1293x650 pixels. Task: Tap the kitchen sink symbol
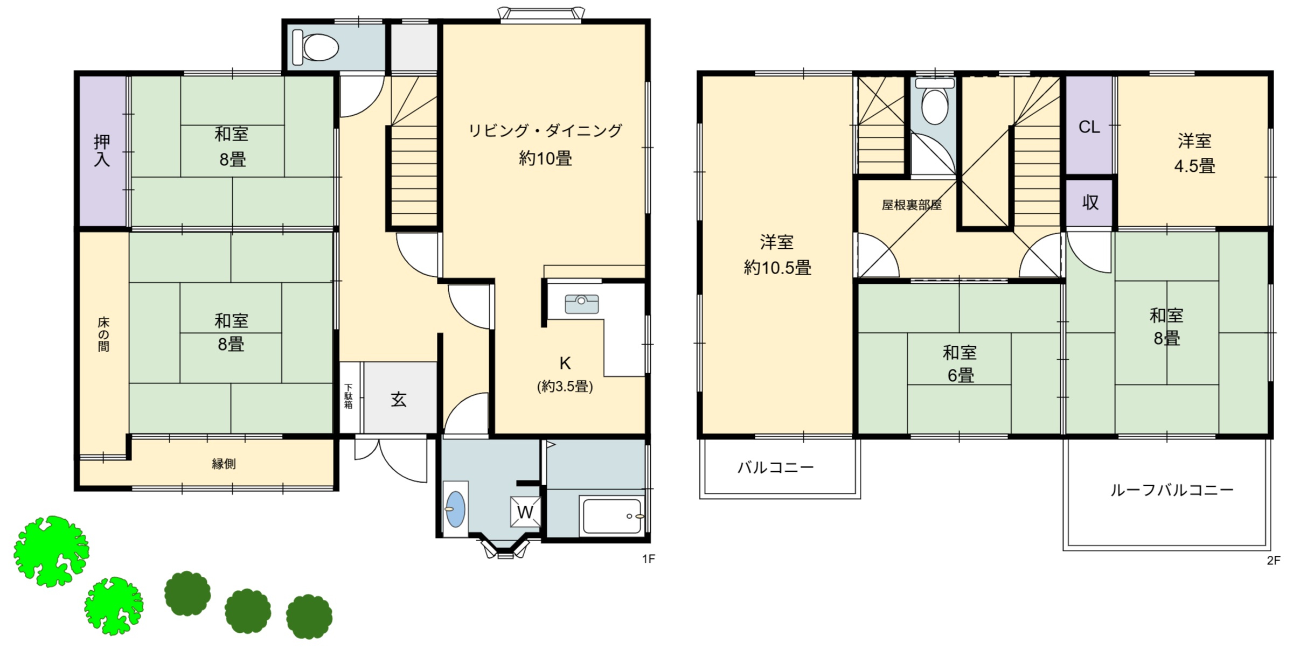pyautogui.click(x=581, y=304)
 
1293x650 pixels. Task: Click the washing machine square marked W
pyautogui.click(x=525, y=512)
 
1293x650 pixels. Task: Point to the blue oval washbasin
pyautogui.click(x=455, y=508)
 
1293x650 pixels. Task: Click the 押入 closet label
pyautogui.click(x=102, y=150)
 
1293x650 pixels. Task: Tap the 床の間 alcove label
pyautogui.click(x=103, y=334)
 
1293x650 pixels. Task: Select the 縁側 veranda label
pyautogui.click(x=224, y=464)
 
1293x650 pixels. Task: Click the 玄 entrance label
pyautogui.click(x=399, y=400)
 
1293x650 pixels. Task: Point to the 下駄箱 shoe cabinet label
pyautogui.click(x=349, y=396)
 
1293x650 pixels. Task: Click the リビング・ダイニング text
pyautogui.click(x=545, y=131)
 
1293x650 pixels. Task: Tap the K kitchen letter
pyautogui.click(x=565, y=364)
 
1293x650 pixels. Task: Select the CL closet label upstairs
pyautogui.click(x=1089, y=127)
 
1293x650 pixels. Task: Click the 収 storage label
pyautogui.click(x=1090, y=202)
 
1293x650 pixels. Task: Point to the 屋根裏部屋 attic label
pyautogui.click(x=912, y=205)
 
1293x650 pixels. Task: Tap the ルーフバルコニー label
pyautogui.click(x=1172, y=490)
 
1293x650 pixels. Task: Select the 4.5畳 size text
pyautogui.click(x=1194, y=166)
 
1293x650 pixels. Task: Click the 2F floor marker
pyautogui.click(x=1273, y=561)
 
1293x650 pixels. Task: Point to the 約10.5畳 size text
pyautogui.click(x=777, y=268)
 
